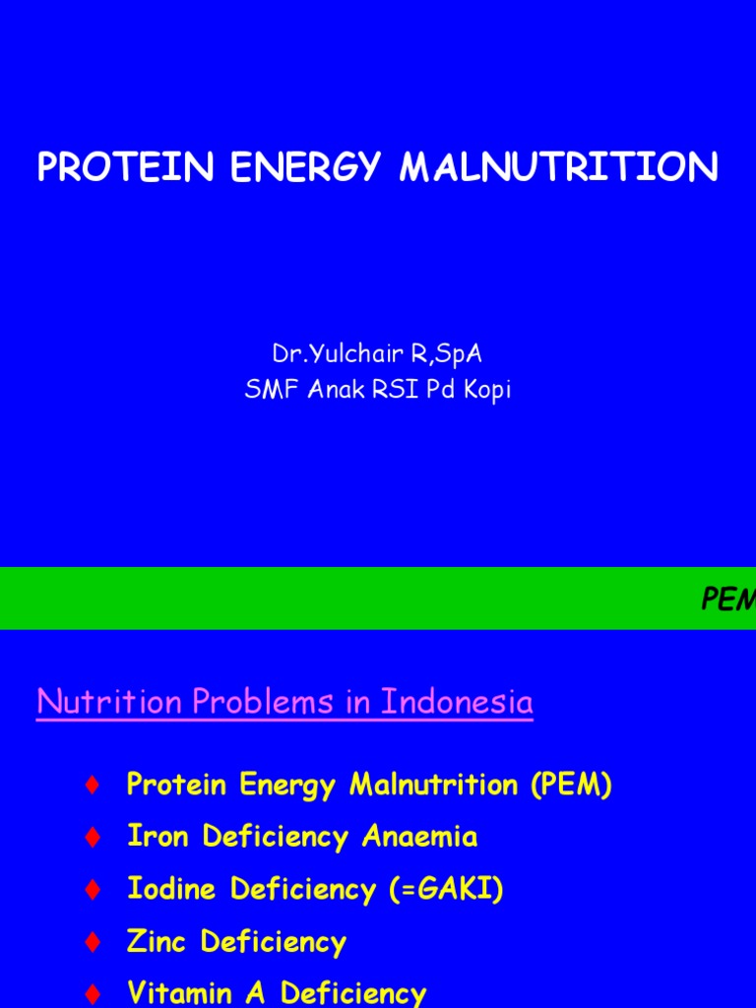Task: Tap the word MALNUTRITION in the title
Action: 558,167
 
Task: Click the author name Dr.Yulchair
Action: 332,353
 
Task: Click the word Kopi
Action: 486,391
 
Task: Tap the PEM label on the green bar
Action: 727,599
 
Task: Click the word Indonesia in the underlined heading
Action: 457,702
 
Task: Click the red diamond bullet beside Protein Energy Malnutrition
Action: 93,785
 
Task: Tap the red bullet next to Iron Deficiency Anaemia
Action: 93,838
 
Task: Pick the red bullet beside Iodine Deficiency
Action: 93,890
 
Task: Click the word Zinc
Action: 158,942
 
